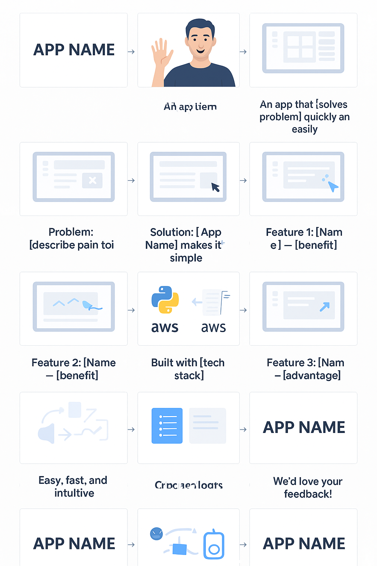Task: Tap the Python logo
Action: tap(165, 300)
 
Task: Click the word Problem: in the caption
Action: tap(71, 232)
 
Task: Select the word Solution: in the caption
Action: tap(172, 232)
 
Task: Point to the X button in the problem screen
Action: tap(92, 180)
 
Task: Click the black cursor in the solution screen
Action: tap(215, 187)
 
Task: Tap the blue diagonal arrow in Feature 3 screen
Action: tap(325, 307)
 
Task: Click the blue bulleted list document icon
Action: tap(167, 426)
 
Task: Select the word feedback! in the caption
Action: tap(308, 494)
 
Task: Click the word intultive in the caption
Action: tap(74, 493)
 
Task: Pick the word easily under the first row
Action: tap(304, 129)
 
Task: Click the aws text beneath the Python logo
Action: tap(165, 327)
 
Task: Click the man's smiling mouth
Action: tap(201, 50)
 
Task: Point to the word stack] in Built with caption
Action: tap(189, 375)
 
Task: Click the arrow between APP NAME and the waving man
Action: tap(131, 52)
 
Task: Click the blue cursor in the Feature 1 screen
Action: tap(333, 186)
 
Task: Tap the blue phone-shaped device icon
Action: tap(214, 545)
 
